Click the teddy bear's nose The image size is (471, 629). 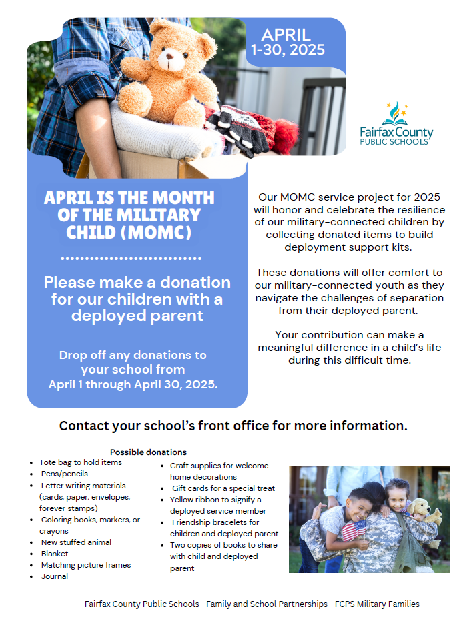171,65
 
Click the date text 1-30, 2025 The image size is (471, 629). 288,49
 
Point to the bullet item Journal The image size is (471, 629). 54,576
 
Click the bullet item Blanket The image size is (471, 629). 55,554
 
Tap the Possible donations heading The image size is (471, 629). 148,452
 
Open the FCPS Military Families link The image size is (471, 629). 378,604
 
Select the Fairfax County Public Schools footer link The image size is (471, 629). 141,604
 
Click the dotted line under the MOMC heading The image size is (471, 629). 131,258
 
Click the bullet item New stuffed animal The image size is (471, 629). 76,542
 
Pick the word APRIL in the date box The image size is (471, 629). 286,35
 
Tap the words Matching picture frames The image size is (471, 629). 85,565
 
